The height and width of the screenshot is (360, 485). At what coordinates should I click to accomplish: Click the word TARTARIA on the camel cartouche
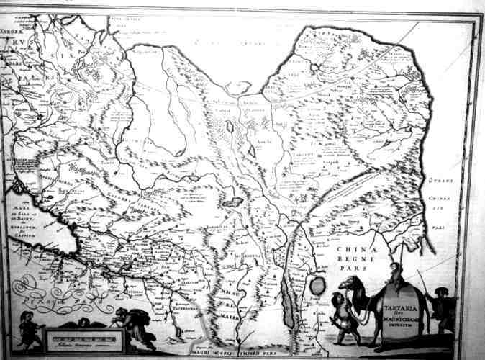coord(404,297)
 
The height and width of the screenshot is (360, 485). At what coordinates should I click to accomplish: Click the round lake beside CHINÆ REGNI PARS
coord(317,286)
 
